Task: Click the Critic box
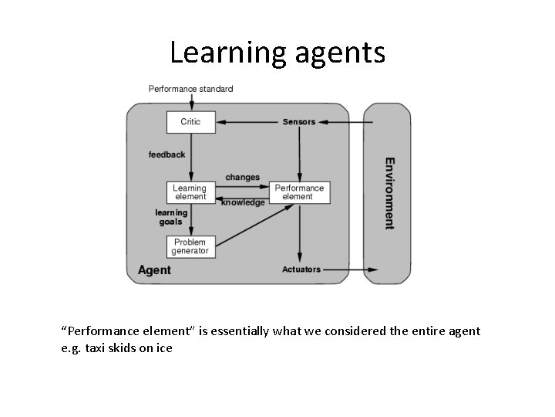pos(190,122)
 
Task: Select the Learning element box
pos(190,192)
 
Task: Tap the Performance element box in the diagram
pos(300,192)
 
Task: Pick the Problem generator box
pos(190,246)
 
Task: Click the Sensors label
pos(299,122)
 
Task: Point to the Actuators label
pos(301,270)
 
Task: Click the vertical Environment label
pos(390,194)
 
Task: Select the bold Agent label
pos(154,270)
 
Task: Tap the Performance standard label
pos(190,89)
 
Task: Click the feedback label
pos(166,154)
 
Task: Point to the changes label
pos(242,178)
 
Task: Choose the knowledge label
pos(243,202)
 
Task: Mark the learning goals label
pos(171,217)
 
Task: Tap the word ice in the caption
pos(165,347)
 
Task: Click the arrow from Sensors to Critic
pos(247,122)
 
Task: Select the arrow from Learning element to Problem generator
pos(190,220)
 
